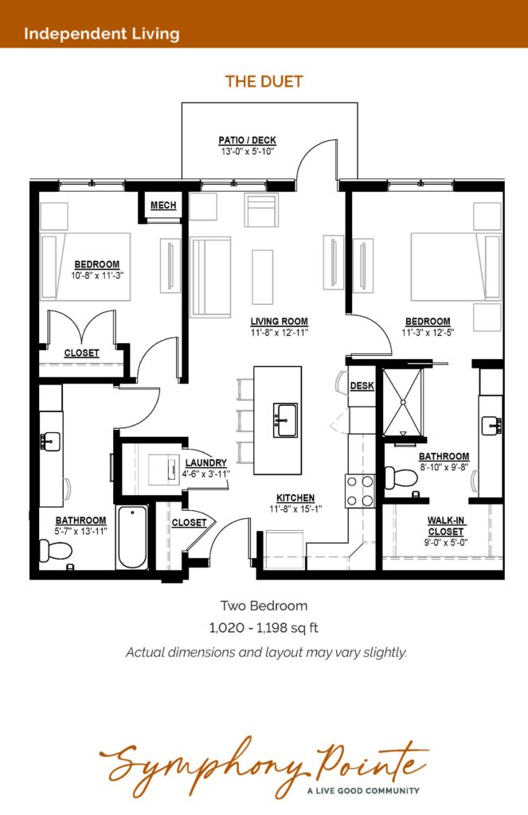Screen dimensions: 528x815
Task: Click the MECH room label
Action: pyautogui.click(x=163, y=205)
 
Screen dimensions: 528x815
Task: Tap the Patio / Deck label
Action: pyautogui.click(x=247, y=140)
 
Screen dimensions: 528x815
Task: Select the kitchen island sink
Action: pyautogui.click(x=286, y=419)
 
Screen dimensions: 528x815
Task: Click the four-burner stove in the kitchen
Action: pyautogui.click(x=360, y=491)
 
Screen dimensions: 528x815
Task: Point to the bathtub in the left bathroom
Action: pyautogui.click(x=132, y=537)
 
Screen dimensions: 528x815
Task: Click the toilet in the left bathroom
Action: pyautogui.click(x=55, y=550)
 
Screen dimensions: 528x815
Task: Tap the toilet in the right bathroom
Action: pyautogui.click(x=399, y=478)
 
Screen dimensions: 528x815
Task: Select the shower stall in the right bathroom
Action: pyautogui.click(x=402, y=402)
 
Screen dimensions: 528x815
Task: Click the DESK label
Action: pyautogui.click(x=362, y=386)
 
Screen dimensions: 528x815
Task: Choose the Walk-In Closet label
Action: pyautogui.click(x=446, y=526)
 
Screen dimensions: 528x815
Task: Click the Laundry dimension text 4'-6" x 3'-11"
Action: pyautogui.click(x=206, y=474)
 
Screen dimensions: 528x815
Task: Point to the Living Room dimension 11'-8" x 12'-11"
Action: pyautogui.click(x=280, y=333)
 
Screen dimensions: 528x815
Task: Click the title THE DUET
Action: pyautogui.click(x=264, y=82)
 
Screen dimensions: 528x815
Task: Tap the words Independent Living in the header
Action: pyautogui.click(x=102, y=33)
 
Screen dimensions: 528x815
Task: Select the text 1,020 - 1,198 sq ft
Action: pyautogui.click(x=264, y=628)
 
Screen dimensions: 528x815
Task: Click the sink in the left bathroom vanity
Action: pyautogui.click(x=50, y=441)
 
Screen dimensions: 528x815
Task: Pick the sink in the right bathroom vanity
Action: pyautogui.click(x=491, y=425)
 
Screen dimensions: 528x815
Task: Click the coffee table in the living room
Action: pyautogui.click(x=263, y=277)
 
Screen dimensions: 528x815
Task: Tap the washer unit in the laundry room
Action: pyautogui.click(x=164, y=470)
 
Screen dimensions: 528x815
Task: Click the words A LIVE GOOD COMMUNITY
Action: pyautogui.click(x=363, y=790)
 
